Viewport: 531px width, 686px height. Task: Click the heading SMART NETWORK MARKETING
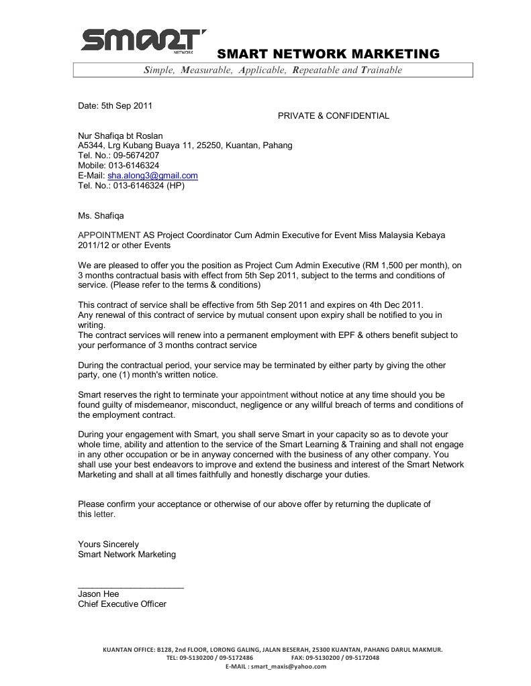click(328, 54)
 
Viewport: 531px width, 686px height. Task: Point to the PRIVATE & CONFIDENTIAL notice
click(333, 115)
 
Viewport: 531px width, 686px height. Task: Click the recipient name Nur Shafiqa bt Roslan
click(120, 135)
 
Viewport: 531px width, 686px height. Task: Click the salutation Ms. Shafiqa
click(101, 216)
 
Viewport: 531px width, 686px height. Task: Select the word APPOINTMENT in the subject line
click(108, 235)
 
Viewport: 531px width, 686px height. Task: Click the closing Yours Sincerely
click(108, 544)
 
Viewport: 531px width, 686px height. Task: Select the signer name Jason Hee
click(98, 594)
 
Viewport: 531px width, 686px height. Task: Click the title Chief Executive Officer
click(122, 604)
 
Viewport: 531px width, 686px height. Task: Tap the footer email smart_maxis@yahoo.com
click(288, 667)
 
